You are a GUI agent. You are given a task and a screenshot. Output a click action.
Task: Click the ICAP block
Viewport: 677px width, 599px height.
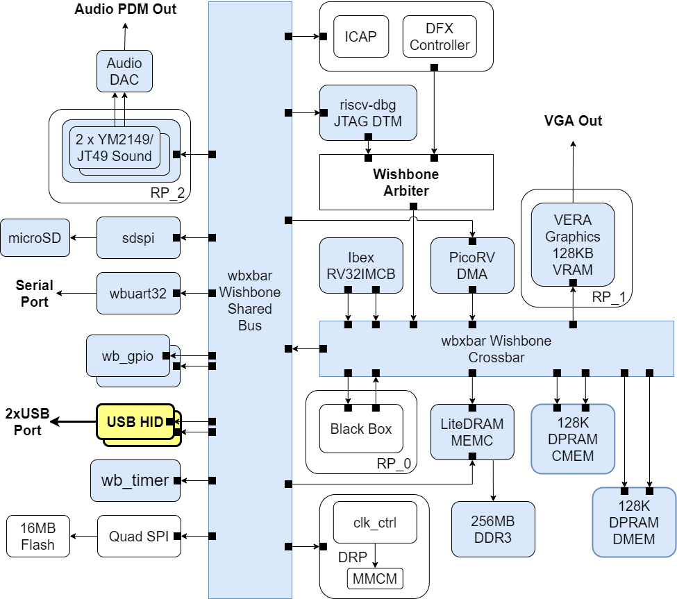360,36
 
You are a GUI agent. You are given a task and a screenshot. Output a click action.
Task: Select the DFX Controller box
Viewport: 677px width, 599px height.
440,37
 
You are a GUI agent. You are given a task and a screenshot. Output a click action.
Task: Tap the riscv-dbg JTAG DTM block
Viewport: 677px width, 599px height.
368,113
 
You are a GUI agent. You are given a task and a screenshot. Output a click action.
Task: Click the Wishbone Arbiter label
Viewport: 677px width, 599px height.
406,182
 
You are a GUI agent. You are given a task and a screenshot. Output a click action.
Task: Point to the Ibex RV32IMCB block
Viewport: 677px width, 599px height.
361,265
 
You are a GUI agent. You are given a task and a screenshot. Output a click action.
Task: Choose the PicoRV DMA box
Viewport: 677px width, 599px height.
472,265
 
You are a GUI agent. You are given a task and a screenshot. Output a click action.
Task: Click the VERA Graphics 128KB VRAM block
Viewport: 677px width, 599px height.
573,244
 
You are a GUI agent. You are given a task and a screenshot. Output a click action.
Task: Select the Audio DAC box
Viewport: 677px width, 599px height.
124,71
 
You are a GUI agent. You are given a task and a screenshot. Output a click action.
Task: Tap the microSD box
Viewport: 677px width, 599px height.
35,238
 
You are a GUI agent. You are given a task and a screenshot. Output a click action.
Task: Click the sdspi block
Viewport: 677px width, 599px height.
138,238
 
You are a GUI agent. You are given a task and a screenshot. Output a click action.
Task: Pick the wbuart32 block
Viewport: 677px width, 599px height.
138,294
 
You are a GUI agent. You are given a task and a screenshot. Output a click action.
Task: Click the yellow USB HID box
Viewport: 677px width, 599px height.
135,422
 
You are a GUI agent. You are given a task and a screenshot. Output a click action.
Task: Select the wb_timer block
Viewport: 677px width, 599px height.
135,480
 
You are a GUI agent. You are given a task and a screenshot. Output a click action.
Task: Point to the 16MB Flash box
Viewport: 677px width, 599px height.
37,536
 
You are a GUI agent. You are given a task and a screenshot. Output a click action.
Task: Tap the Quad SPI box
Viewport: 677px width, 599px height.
138,536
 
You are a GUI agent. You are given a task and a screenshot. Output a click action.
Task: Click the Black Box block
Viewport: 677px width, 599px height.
360,429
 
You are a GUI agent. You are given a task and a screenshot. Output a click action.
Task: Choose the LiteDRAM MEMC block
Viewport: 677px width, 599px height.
472,432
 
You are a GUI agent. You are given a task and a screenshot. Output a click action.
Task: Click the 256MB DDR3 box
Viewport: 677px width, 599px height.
493,530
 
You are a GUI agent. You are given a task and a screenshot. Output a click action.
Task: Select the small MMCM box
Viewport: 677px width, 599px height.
375,577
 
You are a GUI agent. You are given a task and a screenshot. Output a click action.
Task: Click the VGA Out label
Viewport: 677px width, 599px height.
573,121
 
